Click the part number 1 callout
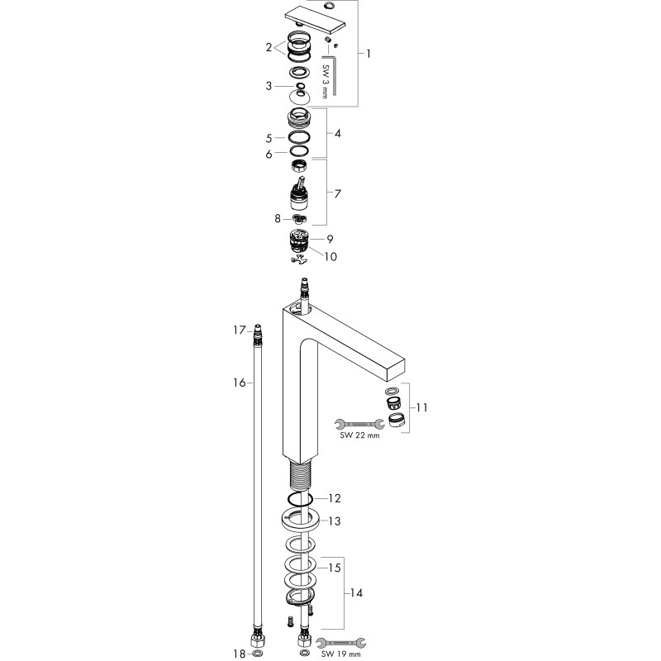[x=368, y=54]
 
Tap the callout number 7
[x=337, y=194]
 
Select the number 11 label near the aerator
[x=421, y=407]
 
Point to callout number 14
[x=356, y=593]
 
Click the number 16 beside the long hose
[x=240, y=383]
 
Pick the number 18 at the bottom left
[x=240, y=654]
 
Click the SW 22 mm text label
[x=359, y=435]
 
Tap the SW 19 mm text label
[x=341, y=654]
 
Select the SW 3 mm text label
[x=325, y=81]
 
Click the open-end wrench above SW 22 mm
[x=359, y=424]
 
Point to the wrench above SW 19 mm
[x=340, y=643]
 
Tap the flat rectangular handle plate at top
[x=315, y=20]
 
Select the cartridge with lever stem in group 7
[x=299, y=195]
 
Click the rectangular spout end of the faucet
[x=396, y=370]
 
